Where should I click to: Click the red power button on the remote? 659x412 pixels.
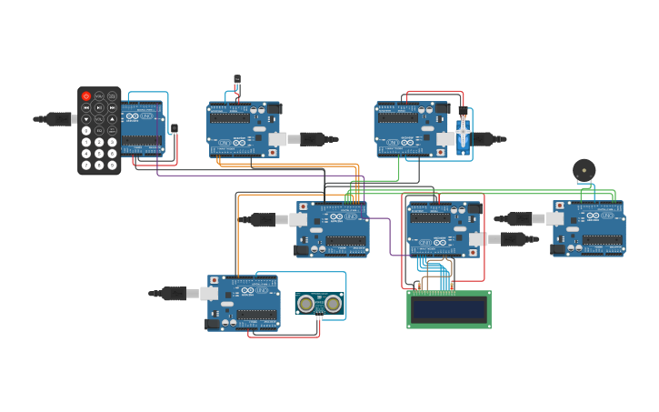point(86,95)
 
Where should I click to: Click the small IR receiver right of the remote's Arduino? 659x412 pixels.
point(174,128)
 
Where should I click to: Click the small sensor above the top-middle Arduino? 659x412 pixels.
point(237,80)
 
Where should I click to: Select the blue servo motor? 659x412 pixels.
point(463,135)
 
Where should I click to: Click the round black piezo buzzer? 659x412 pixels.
point(584,170)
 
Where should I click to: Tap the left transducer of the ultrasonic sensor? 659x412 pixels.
point(306,304)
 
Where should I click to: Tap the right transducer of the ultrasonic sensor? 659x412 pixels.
point(334,304)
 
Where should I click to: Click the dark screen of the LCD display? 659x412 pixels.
point(448,310)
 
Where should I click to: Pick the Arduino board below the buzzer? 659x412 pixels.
point(589,228)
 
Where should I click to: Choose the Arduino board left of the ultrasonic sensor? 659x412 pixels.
point(244,303)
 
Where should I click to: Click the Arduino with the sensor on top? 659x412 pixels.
point(244,129)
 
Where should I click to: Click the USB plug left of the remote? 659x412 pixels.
point(57,118)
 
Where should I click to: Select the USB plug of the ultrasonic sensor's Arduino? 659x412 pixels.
point(174,294)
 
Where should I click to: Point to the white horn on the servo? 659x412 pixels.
point(463,135)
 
